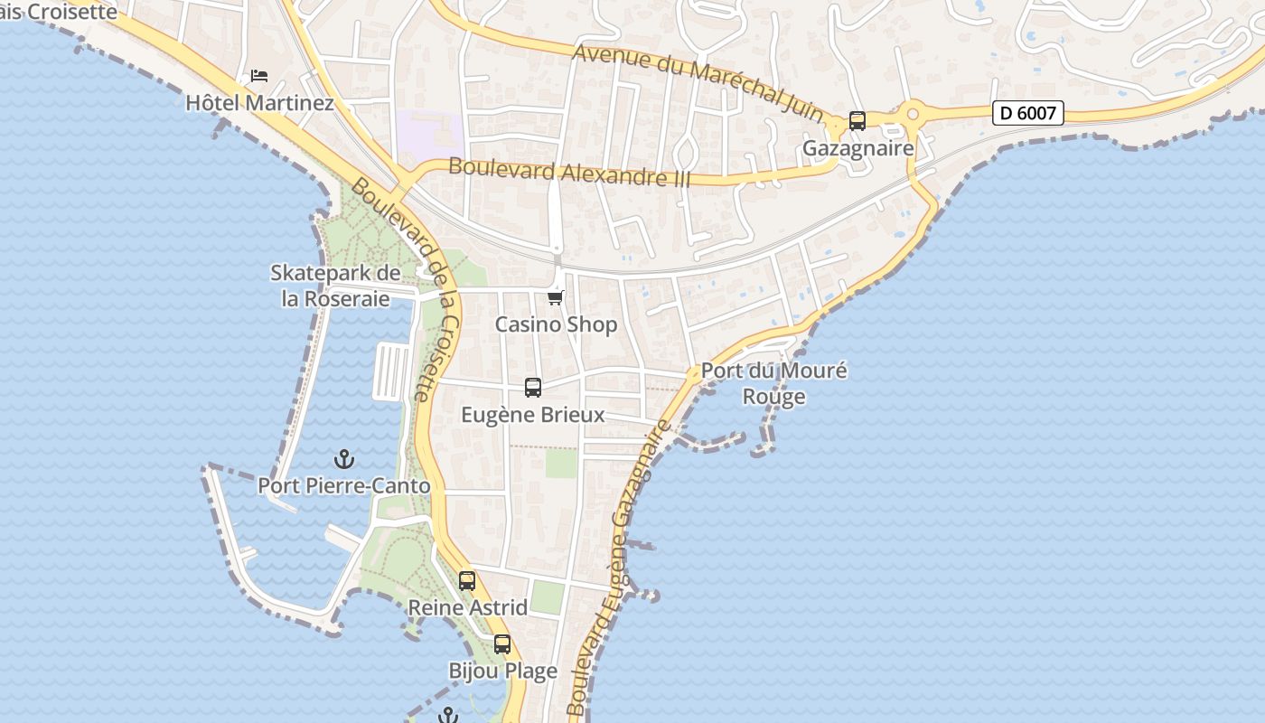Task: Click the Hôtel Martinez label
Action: point(259,103)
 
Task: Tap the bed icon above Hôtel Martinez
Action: point(259,75)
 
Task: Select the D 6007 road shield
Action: point(1027,113)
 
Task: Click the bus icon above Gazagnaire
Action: point(857,120)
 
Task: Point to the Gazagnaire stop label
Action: point(858,148)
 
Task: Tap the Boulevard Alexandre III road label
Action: point(569,172)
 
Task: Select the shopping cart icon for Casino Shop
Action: point(556,297)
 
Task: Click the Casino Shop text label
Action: point(556,324)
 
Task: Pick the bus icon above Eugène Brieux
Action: point(533,388)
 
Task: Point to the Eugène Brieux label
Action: point(533,415)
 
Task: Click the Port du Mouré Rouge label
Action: point(774,383)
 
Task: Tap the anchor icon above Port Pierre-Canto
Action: point(343,459)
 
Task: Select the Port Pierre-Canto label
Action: point(344,486)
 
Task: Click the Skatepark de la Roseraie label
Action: point(335,286)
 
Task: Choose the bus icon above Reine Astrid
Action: point(467,581)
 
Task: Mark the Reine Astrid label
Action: point(468,607)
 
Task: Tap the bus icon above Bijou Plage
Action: point(502,644)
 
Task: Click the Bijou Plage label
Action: point(503,671)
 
